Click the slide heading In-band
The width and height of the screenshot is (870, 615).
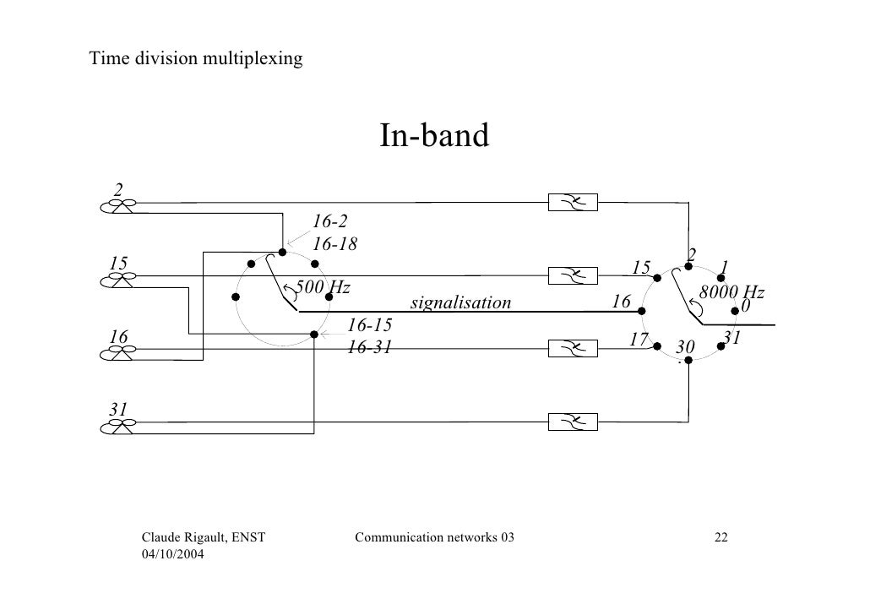tap(434, 136)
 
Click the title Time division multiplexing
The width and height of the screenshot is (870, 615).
tap(196, 58)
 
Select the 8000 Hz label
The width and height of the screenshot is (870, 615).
tap(731, 293)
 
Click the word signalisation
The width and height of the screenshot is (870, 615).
tap(460, 302)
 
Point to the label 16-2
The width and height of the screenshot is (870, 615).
tap(329, 222)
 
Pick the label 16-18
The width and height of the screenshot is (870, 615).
tap(335, 244)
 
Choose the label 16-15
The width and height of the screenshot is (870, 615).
tap(369, 325)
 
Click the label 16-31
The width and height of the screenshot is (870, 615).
tap(369, 346)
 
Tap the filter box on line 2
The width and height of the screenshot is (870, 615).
tap(573, 203)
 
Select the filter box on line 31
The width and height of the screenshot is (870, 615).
tap(573, 421)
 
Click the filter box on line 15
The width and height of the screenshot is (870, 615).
tap(573, 275)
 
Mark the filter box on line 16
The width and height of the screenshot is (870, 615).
tap(573, 348)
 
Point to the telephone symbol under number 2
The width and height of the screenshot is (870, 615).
tap(118, 207)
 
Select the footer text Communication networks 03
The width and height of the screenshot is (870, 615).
tap(434, 537)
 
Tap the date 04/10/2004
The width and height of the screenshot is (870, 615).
tap(176, 553)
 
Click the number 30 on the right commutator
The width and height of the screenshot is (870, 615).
tap(684, 347)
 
